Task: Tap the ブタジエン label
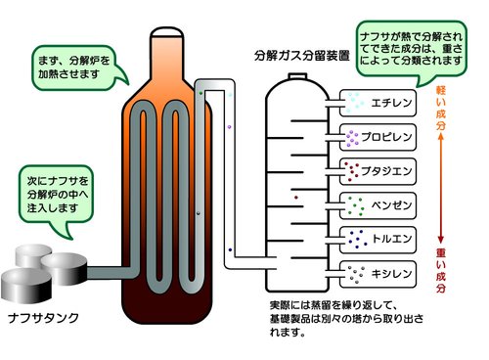394,170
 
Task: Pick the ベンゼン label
394,204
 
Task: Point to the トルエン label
394,238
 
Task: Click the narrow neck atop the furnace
169,44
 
